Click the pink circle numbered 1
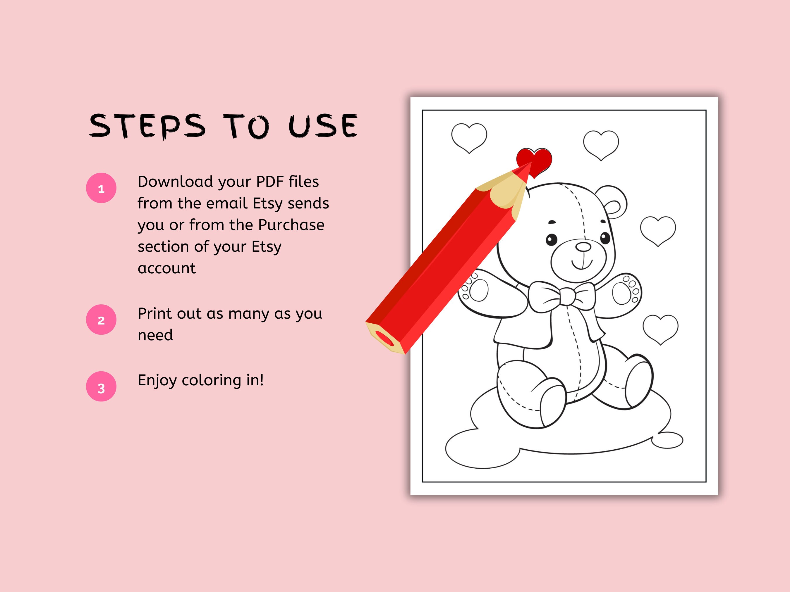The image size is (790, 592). pyautogui.click(x=101, y=188)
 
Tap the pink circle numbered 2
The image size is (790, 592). pyautogui.click(x=101, y=320)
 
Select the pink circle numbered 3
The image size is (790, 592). pyautogui.click(x=101, y=387)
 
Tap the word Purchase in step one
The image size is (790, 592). pyautogui.click(x=291, y=225)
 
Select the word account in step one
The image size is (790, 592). pyautogui.click(x=167, y=268)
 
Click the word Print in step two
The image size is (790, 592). pyautogui.click(x=158, y=314)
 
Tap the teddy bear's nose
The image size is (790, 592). pyautogui.click(x=583, y=246)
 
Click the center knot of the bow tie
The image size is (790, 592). pyautogui.click(x=567, y=296)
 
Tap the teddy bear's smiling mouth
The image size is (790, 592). pyautogui.click(x=583, y=264)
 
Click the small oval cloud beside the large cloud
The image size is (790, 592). pyautogui.click(x=667, y=440)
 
